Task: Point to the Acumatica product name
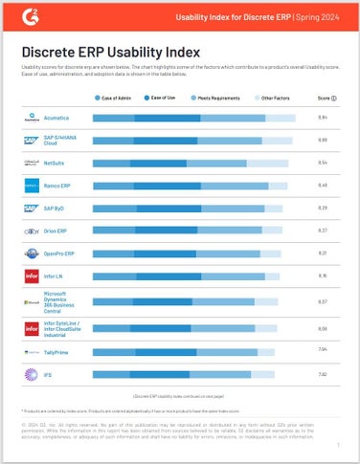click(x=56, y=118)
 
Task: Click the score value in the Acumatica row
click(x=323, y=118)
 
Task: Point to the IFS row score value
click(x=323, y=374)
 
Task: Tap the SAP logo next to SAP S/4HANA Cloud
click(x=30, y=141)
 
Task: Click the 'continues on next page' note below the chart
click(x=179, y=394)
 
